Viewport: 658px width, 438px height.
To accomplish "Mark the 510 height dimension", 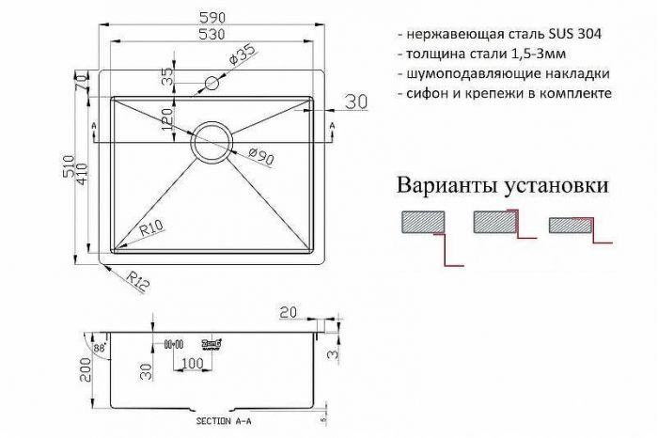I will coord(78,168).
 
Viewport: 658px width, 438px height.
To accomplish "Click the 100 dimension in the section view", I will coord(192,363).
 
